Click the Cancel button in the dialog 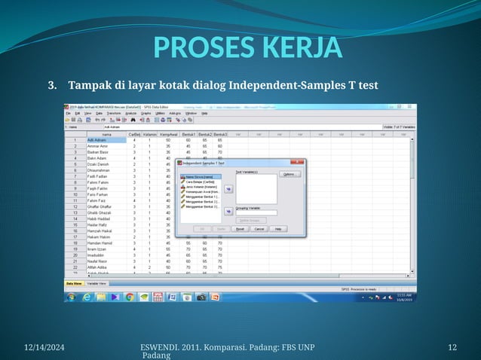(x=259, y=229)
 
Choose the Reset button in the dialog (x=240, y=229)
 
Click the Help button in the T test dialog (x=277, y=229)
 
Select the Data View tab (x=74, y=283)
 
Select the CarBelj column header (x=134, y=135)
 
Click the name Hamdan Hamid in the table (x=100, y=243)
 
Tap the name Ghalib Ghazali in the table (x=100, y=212)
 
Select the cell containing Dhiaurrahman (x=100, y=170)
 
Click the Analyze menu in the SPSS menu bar (x=130, y=114)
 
